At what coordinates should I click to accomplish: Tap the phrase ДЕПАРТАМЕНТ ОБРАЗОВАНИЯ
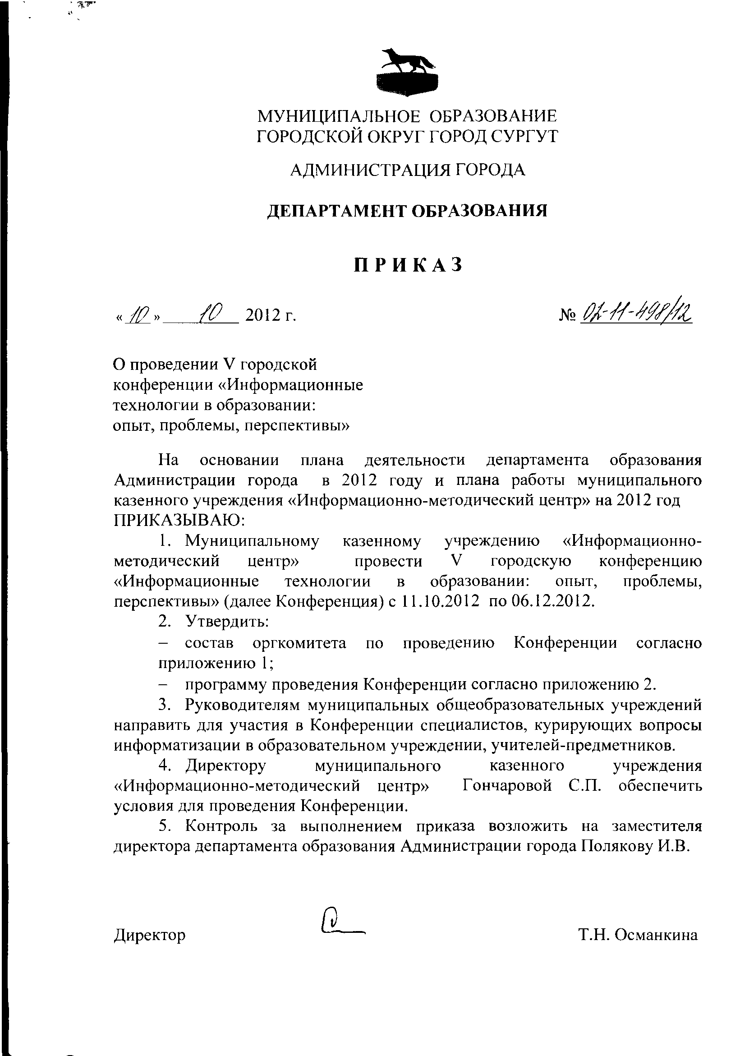point(408,210)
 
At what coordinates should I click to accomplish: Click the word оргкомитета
point(299,643)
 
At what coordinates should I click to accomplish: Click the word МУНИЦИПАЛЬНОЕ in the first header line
point(339,115)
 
